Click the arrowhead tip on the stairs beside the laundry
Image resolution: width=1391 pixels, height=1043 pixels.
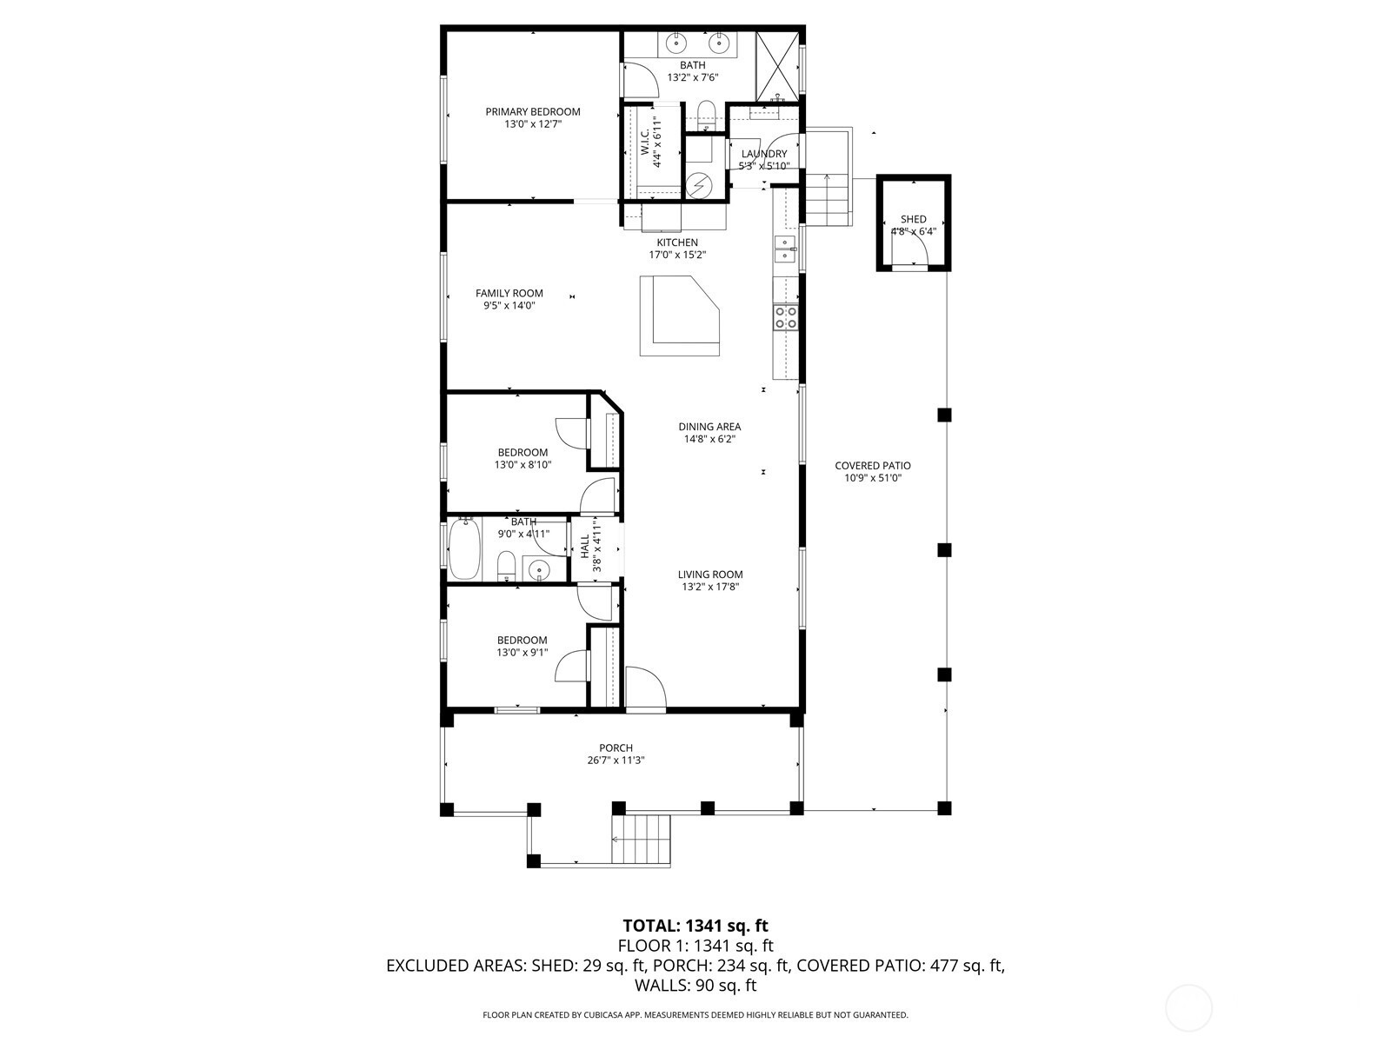click(827, 175)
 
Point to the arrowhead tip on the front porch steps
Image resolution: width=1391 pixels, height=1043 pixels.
click(612, 839)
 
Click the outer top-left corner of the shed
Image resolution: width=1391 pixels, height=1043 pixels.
click(876, 174)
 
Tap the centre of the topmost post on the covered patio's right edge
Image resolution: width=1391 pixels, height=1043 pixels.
click(944, 415)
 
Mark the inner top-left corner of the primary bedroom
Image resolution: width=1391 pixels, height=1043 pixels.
click(447, 31)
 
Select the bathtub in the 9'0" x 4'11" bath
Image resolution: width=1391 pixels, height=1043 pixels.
click(464, 548)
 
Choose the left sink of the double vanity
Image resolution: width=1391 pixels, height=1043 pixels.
click(676, 43)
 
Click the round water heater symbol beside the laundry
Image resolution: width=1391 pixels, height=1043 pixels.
click(700, 185)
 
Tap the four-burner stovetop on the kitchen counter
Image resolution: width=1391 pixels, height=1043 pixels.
click(786, 317)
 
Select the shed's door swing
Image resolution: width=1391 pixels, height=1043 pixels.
click(917, 250)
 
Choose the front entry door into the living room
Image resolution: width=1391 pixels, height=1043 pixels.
click(646, 688)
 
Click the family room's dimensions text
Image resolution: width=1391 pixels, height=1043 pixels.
click(509, 305)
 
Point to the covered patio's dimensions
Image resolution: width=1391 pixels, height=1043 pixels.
click(873, 478)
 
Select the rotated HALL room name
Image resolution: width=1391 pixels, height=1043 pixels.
click(585, 546)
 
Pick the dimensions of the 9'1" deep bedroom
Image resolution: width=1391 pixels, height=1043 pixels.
click(522, 652)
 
